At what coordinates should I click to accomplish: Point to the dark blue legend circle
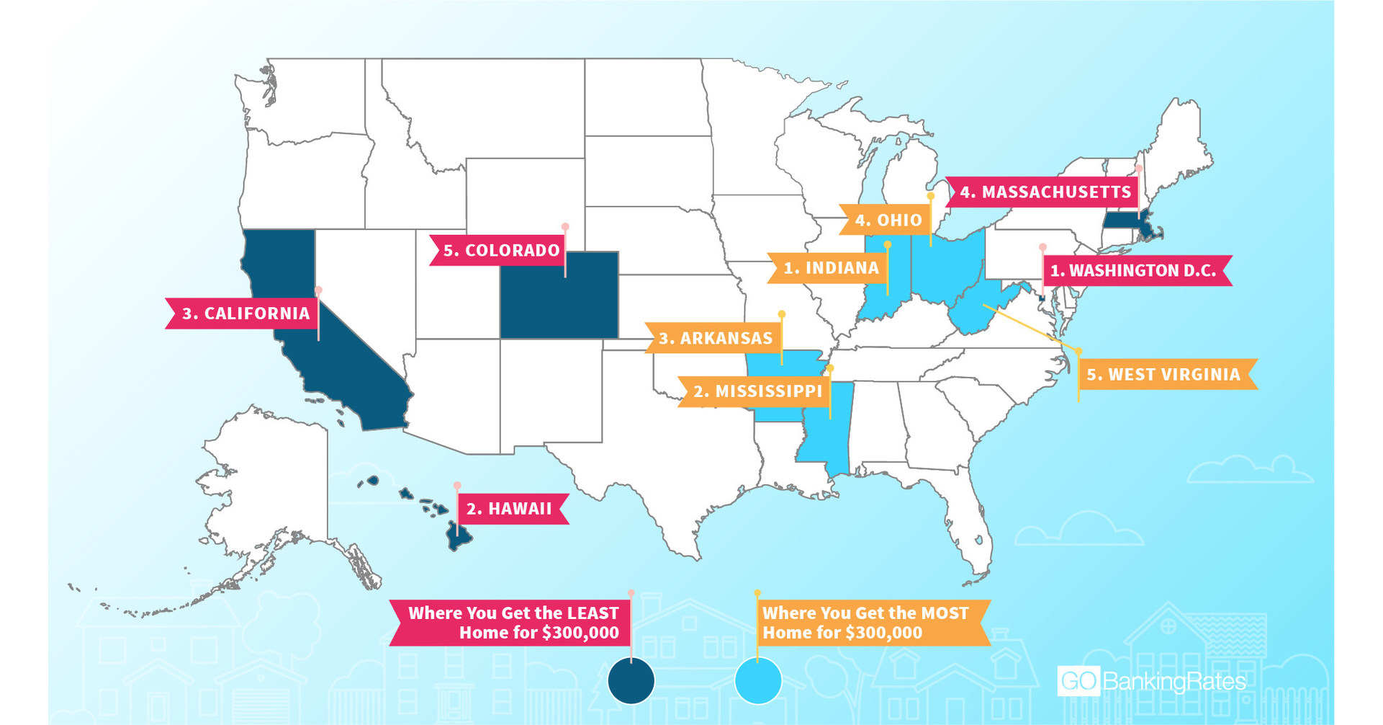(631, 680)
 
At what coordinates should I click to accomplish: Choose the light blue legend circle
(758, 680)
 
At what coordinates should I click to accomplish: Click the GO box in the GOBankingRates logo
(1078, 681)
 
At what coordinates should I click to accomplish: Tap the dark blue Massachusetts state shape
(1123, 221)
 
